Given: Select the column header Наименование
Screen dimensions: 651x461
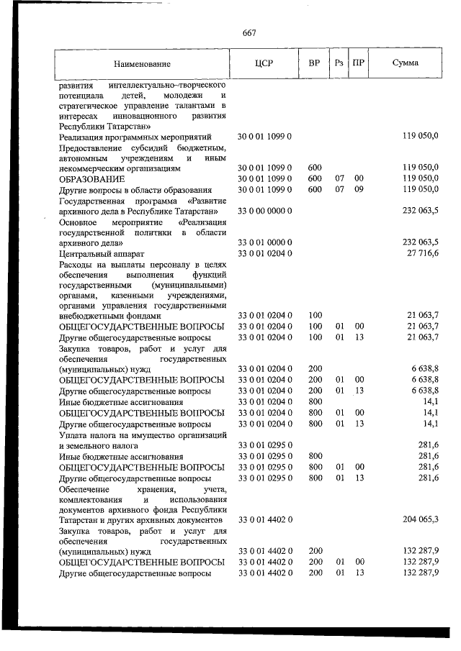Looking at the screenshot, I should pyautogui.click(x=141, y=63).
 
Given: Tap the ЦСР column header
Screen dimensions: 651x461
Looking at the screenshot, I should pyautogui.click(x=263, y=63).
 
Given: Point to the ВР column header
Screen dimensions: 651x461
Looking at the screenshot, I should pyautogui.click(x=314, y=63).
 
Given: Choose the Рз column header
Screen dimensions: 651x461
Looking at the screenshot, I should pyautogui.click(x=339, y=63).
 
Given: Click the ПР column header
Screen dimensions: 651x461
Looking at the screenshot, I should pyautogui.click(x=358, y=63).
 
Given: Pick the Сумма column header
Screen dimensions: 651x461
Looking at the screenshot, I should pyautogui.click(x=406, y=63).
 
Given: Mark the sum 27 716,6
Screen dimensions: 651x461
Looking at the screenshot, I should pyautogui.click(x=421, y=254).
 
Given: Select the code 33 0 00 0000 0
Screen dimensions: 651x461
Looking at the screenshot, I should pyautogui.click(x=264, y=211).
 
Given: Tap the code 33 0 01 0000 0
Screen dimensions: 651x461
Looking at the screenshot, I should pyautogui.click(x=264, y=243).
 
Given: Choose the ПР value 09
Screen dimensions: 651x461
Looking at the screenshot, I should pyautogui.click(x=359, y=189).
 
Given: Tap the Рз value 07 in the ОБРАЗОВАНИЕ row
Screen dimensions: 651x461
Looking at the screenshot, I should pyautogui.click(x=339, y=178).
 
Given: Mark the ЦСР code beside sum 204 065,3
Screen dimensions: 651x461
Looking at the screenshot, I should pyautogui.click(x=264, y=519).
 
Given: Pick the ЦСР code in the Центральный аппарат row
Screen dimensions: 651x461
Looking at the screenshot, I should pyautogui.click(x=264, y=254).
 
